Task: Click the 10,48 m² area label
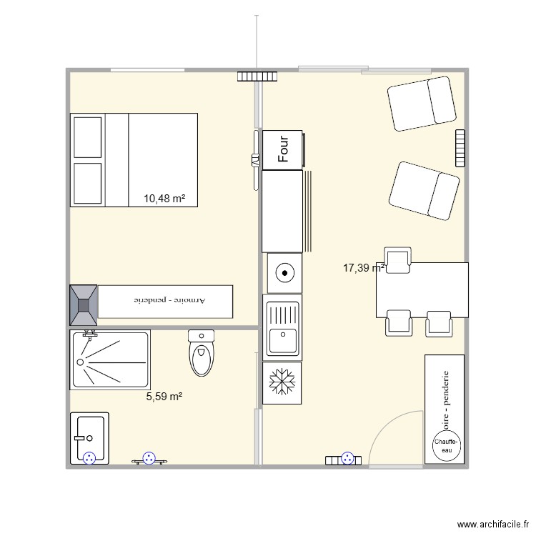(164, 199)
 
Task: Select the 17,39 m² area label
(364, 268)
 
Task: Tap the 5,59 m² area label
(164, 396)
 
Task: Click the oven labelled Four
(282, 150)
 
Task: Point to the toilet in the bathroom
(202, 354)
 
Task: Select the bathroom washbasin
(89, 437)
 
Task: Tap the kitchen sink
(282, 328)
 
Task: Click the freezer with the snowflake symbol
(282, 383)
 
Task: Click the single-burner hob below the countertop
(283, 272)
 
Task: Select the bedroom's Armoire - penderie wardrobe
(165, 301)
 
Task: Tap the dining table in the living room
(422, 290)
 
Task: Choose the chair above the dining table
(397, 259)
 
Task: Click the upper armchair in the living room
(422, 104)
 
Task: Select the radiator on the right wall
(460, 148)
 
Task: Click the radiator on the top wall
(257, 75)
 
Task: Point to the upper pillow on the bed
(88, 137)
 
